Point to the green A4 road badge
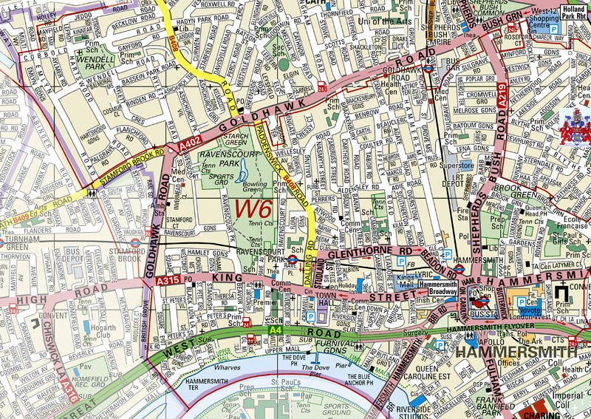pos(276,330)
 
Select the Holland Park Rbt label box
pos(574,13)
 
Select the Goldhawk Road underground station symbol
pos(428,66)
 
